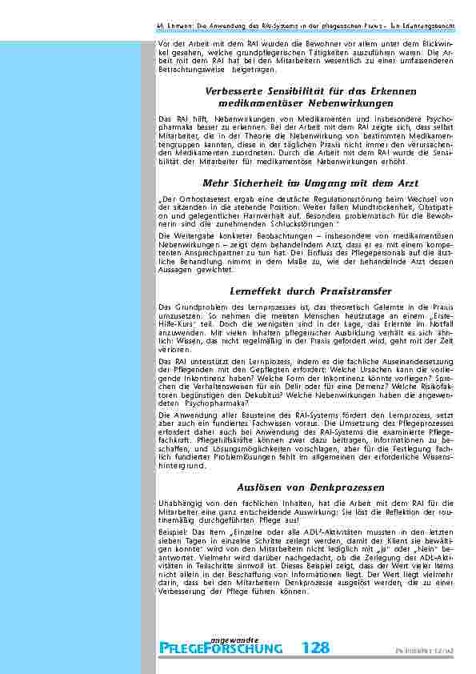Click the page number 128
coord(314,648)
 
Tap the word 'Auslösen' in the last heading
coord(262,487)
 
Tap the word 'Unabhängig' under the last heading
coord(178,501)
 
